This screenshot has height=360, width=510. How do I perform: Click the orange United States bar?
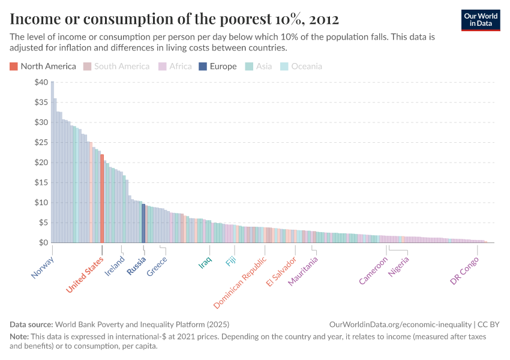[102, 198]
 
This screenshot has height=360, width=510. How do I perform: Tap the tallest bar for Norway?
[52, 162]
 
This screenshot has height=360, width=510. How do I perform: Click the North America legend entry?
[43, 67]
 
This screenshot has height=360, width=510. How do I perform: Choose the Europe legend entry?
[218, 67]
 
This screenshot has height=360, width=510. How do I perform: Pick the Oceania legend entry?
[302, 67]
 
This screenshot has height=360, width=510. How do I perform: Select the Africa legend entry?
[175, 67]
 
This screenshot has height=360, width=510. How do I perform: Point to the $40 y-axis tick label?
[41, 82]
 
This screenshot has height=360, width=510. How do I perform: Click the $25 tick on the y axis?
[41, 142]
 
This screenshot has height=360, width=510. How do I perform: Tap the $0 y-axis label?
[43, 242]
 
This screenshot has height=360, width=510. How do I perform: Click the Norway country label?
[43, 268]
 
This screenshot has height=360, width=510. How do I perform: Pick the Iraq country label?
[205, 263]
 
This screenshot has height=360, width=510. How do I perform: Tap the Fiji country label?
[231, 262]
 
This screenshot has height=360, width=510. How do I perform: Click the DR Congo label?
[465, 271]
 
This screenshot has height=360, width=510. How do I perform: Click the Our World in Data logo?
[481, 19]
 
